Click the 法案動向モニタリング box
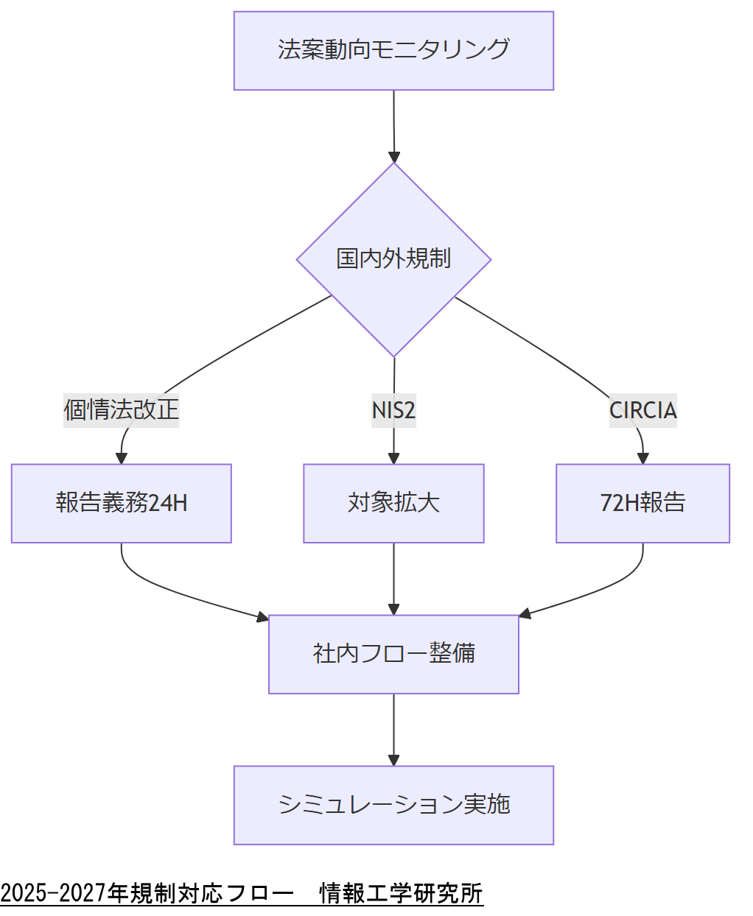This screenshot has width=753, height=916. (393, 51)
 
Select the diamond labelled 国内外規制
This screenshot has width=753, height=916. (393, 259)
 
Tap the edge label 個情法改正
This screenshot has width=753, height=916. (122, 409)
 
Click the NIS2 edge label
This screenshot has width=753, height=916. (393, 409)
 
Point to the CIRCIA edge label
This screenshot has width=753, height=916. (642, 409)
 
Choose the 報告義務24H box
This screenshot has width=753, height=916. (122, 503)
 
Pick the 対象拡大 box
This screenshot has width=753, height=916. (393, 503)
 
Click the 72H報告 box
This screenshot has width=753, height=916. (642, 503)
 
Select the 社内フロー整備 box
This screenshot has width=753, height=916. (393, 654)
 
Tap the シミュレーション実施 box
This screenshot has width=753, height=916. (393, 805)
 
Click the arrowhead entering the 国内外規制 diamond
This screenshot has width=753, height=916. (394, 157)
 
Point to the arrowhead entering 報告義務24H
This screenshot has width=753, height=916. (122, 458)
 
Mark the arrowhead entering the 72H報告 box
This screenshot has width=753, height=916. (643, 458)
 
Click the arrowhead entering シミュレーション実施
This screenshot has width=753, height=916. (393, 760)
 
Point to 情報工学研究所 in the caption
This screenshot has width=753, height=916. (401, 893)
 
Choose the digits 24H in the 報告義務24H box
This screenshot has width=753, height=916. (168, 503)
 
